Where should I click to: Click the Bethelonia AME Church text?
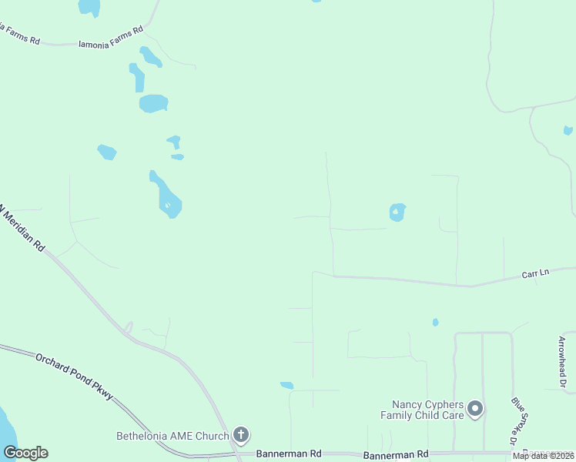click(x=172, y=436)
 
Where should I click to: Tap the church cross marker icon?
click(x=241, y=435)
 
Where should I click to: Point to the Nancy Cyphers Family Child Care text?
click(x=427, y=410)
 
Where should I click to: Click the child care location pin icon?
click(x=475, y=409)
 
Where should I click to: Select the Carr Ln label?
click(x=535, y=273)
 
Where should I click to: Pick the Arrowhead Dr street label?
click(x=561, y=361)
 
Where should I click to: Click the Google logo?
click(x=25, y=453)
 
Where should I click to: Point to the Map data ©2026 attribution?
click(x=544, y=456)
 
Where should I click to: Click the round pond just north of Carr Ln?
click(x=397, y=212)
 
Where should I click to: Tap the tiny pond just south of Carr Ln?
click(x=435, y=322)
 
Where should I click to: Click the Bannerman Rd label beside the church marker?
click(x=289, y=454)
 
